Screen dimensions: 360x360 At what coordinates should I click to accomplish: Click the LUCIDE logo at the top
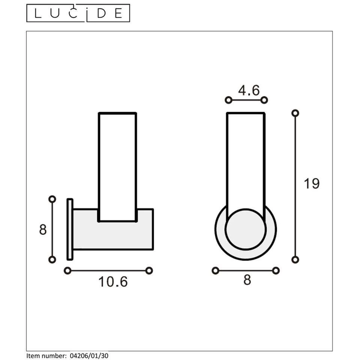click(78, 13)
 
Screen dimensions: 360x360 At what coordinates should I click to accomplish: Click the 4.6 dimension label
click(249, 90)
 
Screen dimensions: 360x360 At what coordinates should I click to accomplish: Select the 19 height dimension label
click(312, 184)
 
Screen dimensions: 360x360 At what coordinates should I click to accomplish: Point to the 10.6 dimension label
click(113, 282)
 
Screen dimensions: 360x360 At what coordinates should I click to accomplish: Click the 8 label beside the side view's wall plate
click(43, 229)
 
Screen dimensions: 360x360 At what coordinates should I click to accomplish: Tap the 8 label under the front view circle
click(247, 280)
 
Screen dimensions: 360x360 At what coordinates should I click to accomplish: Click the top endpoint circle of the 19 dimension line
click(295, 113)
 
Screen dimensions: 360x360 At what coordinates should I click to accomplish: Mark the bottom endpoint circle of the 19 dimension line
click(295, 259)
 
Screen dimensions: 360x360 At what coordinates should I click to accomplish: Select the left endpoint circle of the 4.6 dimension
click(228, 100)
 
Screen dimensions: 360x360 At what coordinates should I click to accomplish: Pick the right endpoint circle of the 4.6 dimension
click(264, 100)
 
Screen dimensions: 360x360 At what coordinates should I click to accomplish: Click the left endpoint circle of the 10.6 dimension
click(67, 270)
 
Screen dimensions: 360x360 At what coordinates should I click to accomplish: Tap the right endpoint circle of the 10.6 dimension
click(149, 270)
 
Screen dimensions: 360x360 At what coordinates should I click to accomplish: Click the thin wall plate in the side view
click(70, 229)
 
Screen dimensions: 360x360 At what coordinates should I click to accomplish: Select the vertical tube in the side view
click(117, 165)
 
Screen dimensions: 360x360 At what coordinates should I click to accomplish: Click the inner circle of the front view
click(246, 229)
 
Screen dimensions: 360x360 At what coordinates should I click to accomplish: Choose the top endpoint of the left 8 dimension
click(52, 199)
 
